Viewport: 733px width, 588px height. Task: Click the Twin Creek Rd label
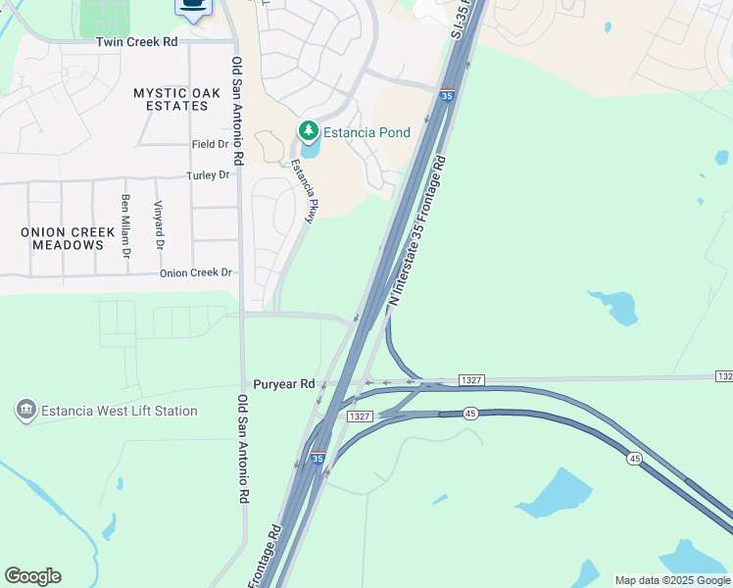pos(137,43)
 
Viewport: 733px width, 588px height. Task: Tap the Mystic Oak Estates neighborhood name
pos(177,99)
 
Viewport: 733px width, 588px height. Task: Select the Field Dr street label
pos(211,144)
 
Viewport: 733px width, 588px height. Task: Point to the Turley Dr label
pos(208,175)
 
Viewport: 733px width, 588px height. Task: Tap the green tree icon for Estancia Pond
pos(309,131)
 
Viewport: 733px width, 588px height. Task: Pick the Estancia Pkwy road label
pos(301,192)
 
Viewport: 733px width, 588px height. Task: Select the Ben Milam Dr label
pos(125,224)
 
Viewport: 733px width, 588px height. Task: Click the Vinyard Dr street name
pos(158,224)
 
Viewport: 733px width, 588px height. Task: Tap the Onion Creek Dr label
pos(197,272)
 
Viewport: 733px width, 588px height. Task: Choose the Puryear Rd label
pos(283,384)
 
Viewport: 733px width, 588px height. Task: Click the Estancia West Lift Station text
pos(120,412)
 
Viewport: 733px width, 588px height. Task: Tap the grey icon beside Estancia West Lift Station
pos(26,410)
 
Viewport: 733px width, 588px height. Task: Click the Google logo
pos(32,576)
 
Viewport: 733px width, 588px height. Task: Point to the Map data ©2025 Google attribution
pos(672,580)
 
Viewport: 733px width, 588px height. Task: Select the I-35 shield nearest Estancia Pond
pos(447,96)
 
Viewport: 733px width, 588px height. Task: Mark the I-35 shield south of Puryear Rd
pos(318,457)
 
